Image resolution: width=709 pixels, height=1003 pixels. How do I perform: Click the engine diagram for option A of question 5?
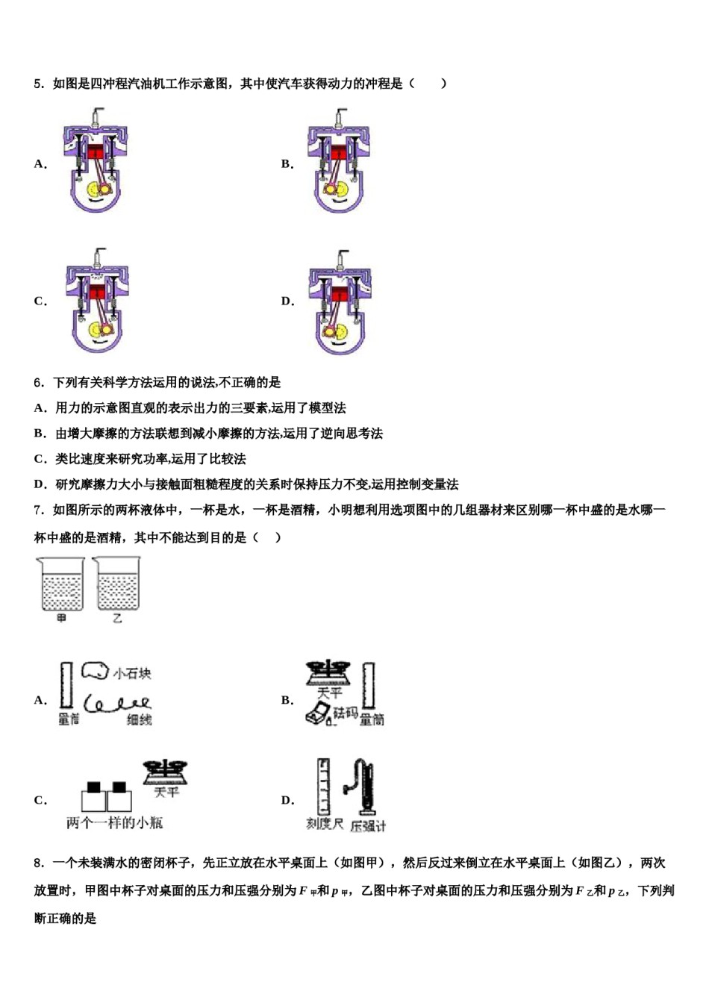pyautogui.click(x=96, y=163)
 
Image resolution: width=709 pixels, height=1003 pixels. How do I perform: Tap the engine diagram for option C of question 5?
pyautogui.click(x=97, y=302)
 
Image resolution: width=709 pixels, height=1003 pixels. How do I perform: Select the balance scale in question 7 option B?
pyautogui.click(x=329, y=673)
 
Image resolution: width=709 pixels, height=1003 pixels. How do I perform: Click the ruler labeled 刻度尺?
pyautogui.click(x=323, y=787)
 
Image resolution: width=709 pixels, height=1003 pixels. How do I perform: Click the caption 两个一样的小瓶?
pyautogui.click(x=114, y=822)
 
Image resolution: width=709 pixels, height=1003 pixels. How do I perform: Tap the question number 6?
pyautogui.click(x=39, y=383)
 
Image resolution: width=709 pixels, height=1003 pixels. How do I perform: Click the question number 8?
pyautogui.click(x=39, y=863)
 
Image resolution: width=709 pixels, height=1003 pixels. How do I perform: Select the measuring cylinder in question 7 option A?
pyautogui.click(x=66, y=685)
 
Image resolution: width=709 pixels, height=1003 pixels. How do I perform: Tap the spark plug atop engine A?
pyautogui.click(x=96, y=116)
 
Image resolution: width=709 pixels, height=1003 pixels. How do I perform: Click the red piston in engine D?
pyautogui.click(x=340, y=293)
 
